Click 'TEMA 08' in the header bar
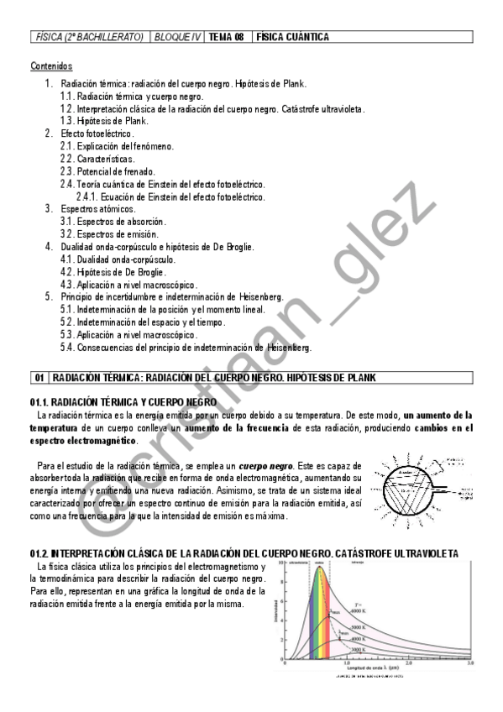point(226,37)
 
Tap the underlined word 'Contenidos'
point(51,65)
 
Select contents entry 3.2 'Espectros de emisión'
point(116,234)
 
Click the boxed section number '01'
point(39,378)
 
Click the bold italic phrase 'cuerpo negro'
point(265,466)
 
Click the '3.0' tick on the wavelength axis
point(470,664)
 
